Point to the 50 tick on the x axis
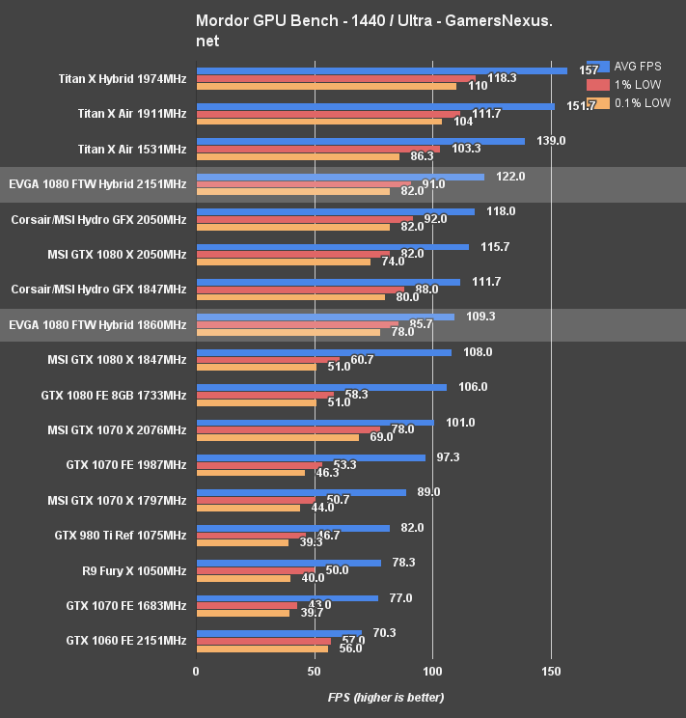[315, 672]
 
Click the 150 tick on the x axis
[551, 672]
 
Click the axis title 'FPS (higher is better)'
[386, 697]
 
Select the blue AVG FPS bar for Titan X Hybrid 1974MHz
[381, 70]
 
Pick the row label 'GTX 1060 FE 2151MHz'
[126, 641]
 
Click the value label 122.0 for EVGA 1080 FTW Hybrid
[510, 177]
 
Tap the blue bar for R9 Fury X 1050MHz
[288, 563]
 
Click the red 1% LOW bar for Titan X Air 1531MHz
[317, 149]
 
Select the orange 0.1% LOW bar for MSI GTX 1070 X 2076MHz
[277, 437]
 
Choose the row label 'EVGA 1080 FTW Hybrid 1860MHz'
[97, 325]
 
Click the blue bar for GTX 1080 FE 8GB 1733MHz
[321, 387]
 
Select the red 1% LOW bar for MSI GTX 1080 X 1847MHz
[267, 360]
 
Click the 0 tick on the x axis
[196, 672]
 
